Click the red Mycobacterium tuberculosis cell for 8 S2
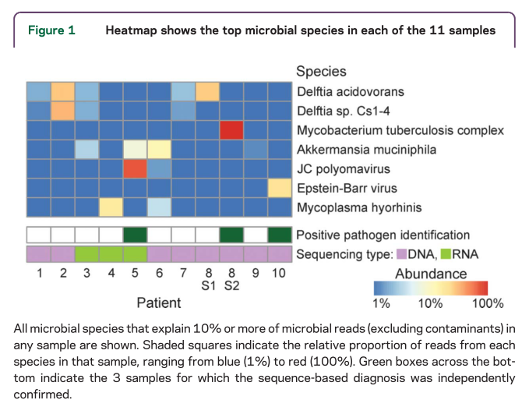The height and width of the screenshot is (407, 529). pos(231,129)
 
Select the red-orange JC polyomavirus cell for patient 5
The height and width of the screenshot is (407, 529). pos(135,168)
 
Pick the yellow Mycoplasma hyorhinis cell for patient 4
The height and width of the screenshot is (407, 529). pos(111,207)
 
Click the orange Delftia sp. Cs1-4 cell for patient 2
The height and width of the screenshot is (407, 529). pos(62,111)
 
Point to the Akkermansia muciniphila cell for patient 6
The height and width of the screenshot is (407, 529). pos(159,149)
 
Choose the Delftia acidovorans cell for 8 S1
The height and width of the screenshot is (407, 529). pos(207,91)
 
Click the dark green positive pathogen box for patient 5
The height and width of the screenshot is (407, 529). pos(135,235)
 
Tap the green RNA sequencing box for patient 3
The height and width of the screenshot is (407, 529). pos(86,254)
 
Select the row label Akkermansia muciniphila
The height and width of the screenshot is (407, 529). pos(359,149)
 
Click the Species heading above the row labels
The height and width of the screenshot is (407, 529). pos(321,72)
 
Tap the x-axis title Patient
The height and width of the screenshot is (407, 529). pos(159,303)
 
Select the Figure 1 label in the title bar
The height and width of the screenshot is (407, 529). pos(51,31)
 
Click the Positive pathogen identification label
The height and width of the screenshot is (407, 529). pos(383,235)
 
